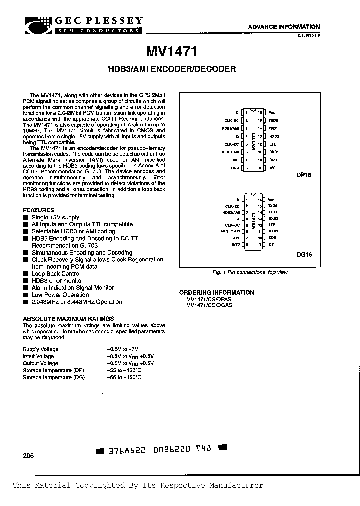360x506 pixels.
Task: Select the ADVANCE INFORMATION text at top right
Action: point(284,27)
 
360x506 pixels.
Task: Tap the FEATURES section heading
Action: point(39,210)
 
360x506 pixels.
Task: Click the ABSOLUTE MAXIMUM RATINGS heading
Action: point(68,318)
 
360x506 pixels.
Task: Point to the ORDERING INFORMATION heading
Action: point(216,292)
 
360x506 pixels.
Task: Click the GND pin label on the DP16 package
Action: point(236,169)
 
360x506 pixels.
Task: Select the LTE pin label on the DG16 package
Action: point(272,225)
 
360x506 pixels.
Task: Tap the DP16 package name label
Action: point(303,183)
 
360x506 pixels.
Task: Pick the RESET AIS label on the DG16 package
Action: point(230,231)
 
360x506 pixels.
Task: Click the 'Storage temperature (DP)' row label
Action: point(54,370)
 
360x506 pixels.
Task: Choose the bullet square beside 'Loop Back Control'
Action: point(26,274)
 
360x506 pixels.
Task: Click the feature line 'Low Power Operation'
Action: point(60,295)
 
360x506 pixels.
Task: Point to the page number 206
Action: point(28,456)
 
